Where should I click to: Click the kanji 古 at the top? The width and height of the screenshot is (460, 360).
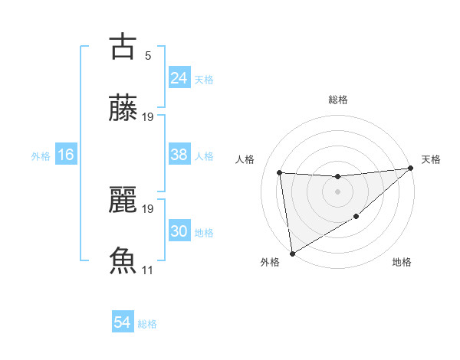point(123,46)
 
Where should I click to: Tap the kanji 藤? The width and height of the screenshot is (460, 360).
point(123,109)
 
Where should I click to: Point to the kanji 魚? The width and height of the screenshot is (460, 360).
point(123,260)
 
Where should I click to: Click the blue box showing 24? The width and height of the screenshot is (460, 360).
point(179,77)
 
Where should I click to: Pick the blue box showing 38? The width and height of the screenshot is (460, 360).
point(179,155)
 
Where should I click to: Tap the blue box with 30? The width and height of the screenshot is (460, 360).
point(179,231)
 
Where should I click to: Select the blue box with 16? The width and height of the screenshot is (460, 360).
point(66,155)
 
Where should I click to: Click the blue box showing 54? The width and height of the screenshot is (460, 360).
point(123,322)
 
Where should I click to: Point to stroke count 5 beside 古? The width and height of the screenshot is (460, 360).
point(148,55)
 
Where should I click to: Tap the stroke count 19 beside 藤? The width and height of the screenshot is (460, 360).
point(148,117)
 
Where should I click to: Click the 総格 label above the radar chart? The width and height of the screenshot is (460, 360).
point(337,100)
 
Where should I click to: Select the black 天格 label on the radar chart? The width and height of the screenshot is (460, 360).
point(431,159)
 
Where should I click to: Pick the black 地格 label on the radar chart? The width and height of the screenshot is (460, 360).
point(402,263)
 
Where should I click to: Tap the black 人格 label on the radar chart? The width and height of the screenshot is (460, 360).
point(245,159)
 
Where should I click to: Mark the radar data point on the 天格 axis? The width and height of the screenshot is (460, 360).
point(410,169)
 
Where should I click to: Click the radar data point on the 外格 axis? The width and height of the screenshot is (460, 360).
point(292,253)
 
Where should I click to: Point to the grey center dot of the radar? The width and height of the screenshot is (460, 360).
point(337,191)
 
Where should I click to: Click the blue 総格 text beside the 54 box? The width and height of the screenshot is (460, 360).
point(147,324)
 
